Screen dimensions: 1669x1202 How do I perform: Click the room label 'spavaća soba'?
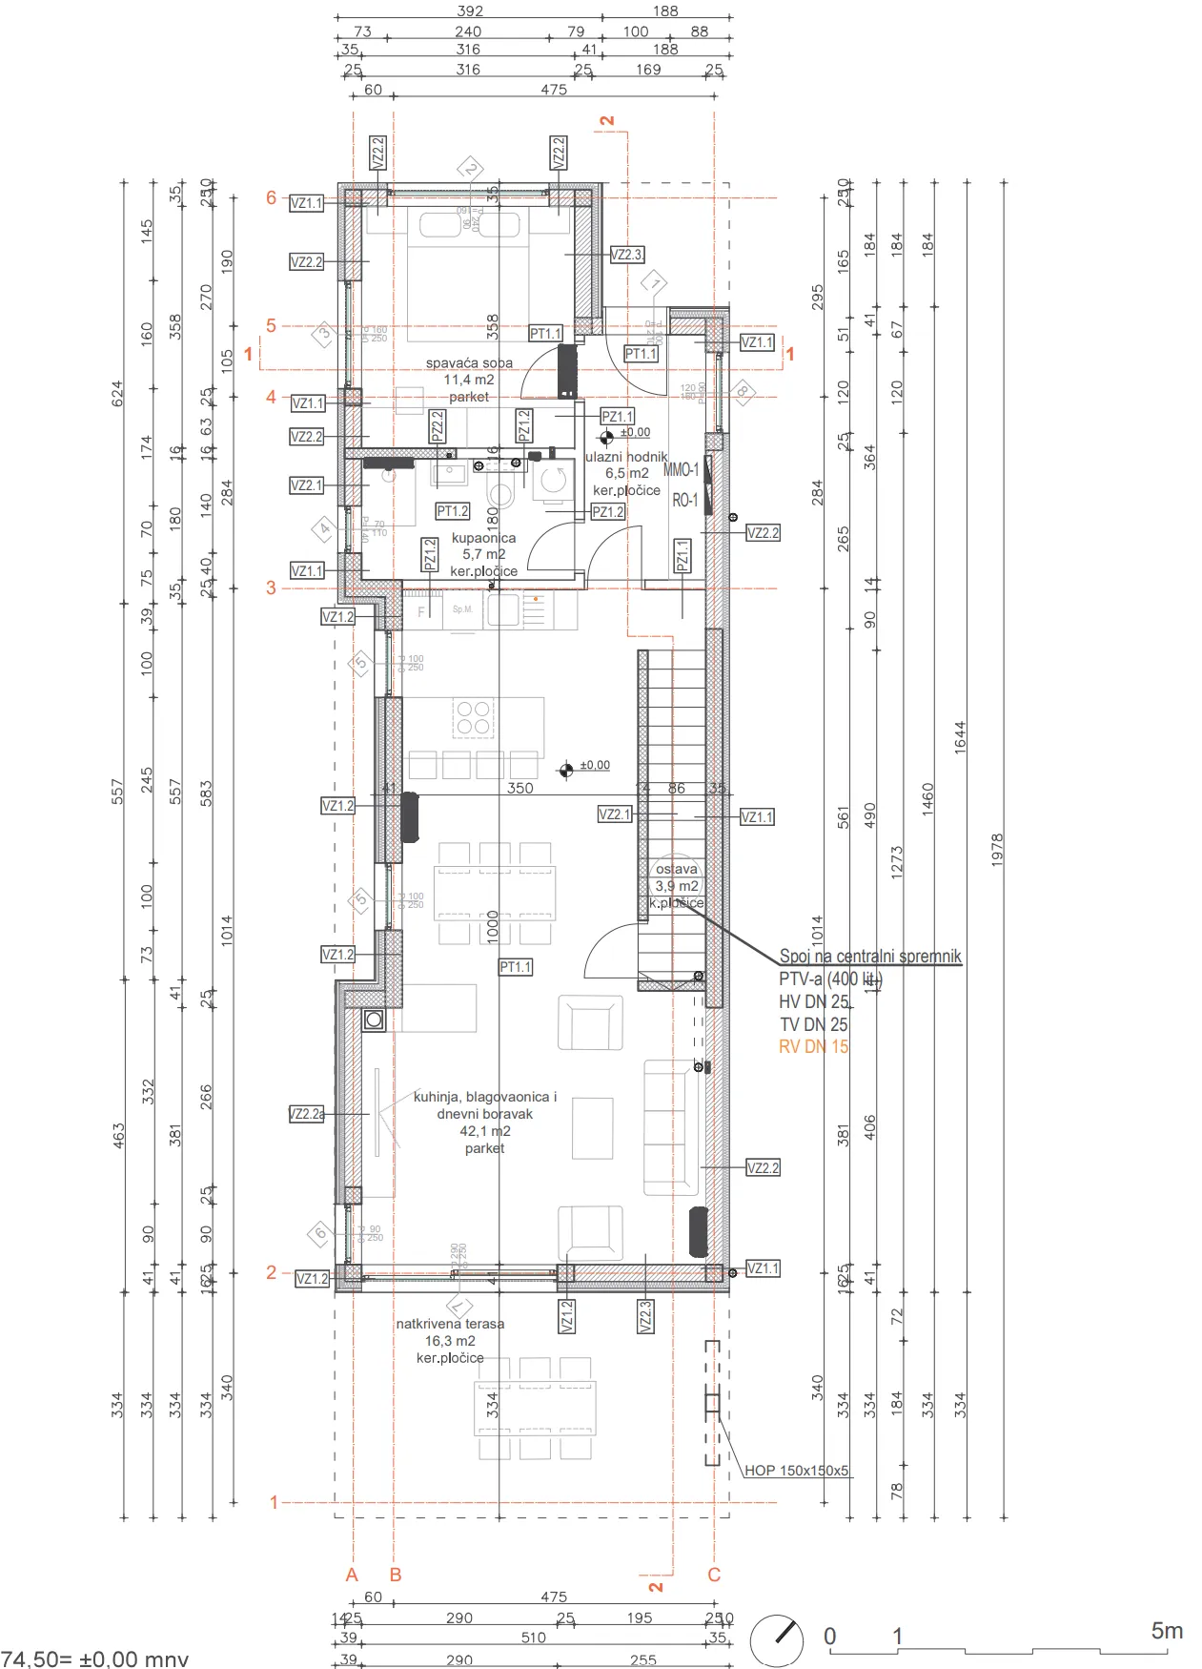pos(469,363)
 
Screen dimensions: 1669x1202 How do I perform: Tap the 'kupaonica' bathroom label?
pos(483,538)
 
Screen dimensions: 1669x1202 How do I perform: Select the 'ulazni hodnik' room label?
pos(626,457)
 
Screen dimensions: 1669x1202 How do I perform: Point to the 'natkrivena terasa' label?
pos(450,1324)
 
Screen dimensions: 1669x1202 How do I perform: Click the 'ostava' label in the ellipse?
pos(677,869)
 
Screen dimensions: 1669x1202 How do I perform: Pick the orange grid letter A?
pos(352,1575)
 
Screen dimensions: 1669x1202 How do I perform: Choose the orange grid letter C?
pos(714,1575)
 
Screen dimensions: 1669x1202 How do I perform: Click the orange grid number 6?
pos(271,197)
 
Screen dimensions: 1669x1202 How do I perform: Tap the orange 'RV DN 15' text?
pos(813,1046)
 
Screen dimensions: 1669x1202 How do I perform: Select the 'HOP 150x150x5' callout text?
pos(796,1471)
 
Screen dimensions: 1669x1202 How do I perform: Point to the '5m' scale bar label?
pos(1167,1631)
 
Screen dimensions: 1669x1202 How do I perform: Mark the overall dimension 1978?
pos(997,850)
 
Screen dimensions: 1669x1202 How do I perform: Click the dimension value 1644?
pos(960,737)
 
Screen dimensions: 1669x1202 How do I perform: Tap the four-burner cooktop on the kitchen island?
pos(474,717)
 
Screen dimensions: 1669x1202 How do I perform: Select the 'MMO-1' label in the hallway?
pos(681,469)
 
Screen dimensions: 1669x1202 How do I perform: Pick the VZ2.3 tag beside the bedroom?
pos(626,255)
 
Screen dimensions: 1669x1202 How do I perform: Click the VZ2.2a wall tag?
pos(306,1114)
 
